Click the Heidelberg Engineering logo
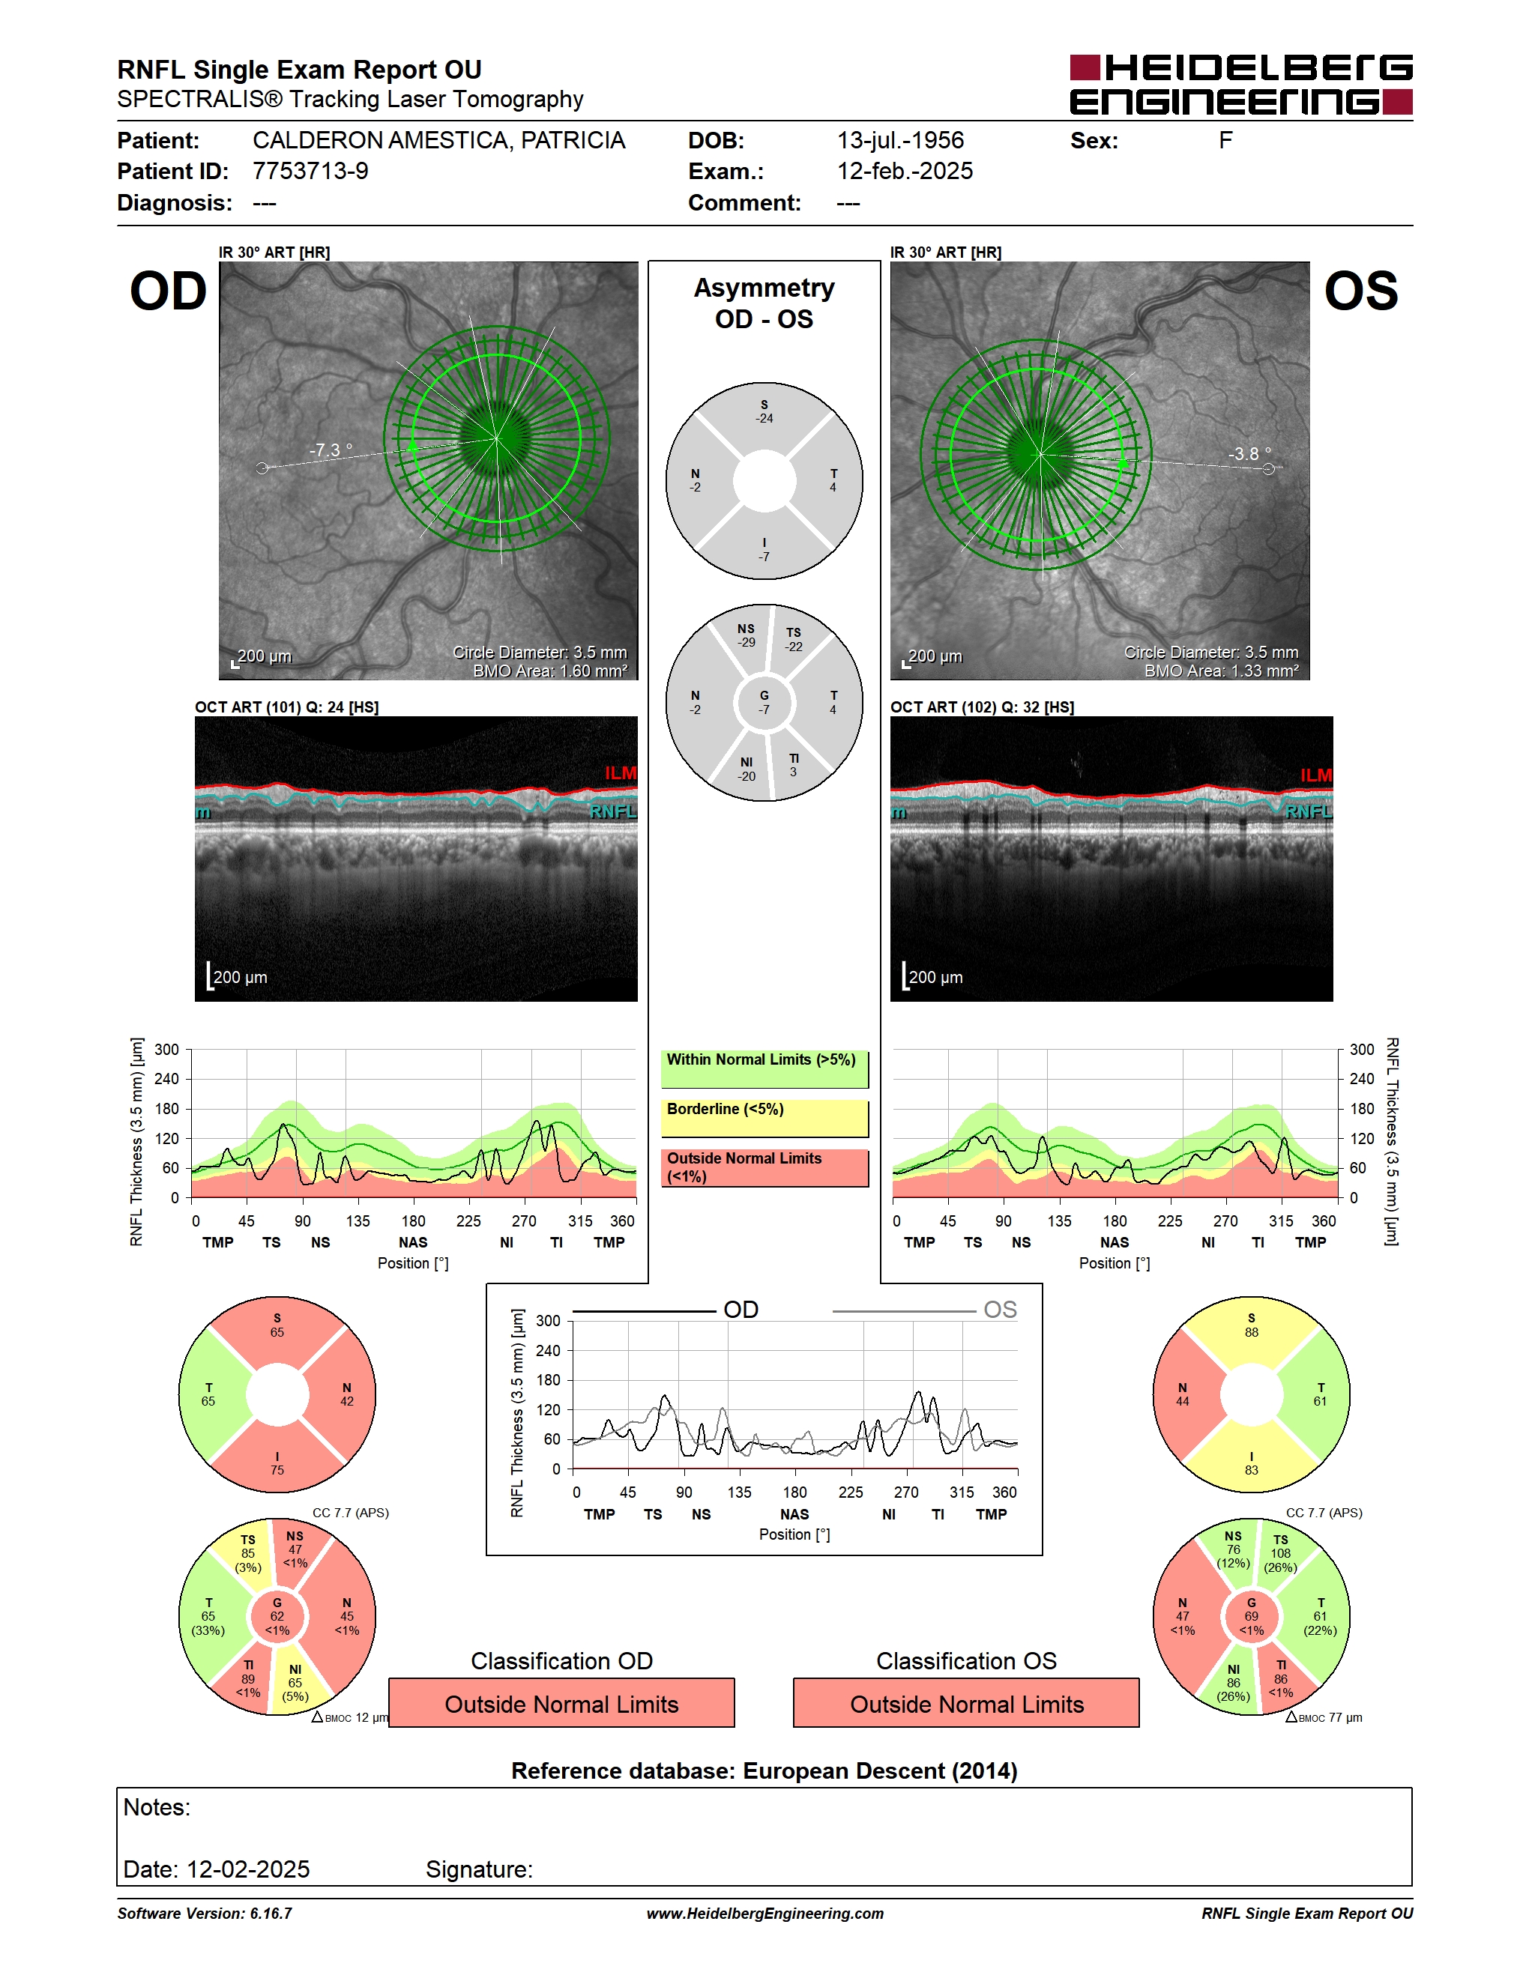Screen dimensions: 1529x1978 click(1241, 85)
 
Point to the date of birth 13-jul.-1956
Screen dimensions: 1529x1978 click(900, 140)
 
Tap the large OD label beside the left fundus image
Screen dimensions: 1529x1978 click(169, 291)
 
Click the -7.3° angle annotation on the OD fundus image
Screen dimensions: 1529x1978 click(331, 450)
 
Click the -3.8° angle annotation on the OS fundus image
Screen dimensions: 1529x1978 click(1249, 454)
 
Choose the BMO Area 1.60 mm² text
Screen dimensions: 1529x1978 click(550, 671)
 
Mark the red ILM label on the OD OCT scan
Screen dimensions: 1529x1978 click(621, 772)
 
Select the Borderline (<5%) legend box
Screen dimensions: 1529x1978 click(764, 1119)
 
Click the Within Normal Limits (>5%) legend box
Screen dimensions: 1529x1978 click(764, 1068)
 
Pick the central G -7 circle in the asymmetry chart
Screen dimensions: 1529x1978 click(764, 703)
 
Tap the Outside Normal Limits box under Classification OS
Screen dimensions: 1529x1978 click(967, 1704)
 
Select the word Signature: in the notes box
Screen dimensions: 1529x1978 click(479, 1869)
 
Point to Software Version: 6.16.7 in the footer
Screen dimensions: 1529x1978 click(205, 1914)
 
